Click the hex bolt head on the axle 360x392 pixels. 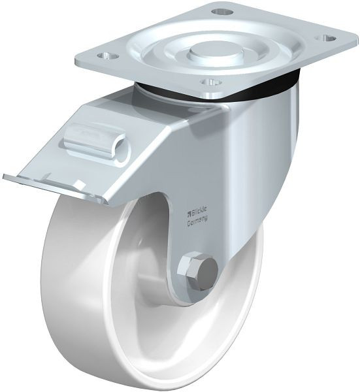[x=193, y=269]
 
